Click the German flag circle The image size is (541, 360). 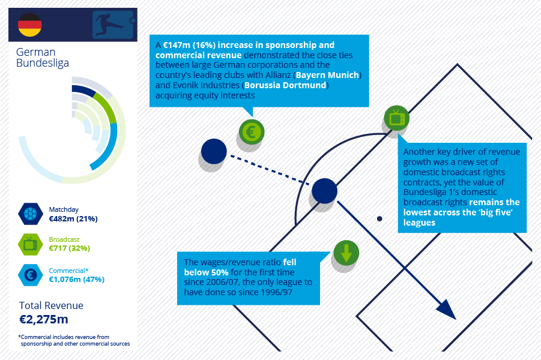[29, 25]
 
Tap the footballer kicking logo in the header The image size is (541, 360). [113, 25]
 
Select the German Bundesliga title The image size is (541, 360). [43, 57]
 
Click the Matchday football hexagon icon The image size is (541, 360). [31, 214]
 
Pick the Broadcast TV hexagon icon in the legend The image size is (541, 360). [31, 244]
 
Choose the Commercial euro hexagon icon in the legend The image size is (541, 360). [31, 275]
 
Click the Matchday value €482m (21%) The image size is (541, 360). [73, 219]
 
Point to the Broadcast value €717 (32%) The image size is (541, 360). [69, 248]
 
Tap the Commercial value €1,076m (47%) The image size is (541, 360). [77, 280]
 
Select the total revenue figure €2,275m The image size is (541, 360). [43, 319]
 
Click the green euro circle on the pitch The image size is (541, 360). [252, 132]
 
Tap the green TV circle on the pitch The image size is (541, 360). [396, 118]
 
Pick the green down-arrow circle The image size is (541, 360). [346, 253]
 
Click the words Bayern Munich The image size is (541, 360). [327, 75]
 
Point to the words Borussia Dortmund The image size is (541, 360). [285, 85]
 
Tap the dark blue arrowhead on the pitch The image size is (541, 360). [447, 310]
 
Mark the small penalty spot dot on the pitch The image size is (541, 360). [379, 218]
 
